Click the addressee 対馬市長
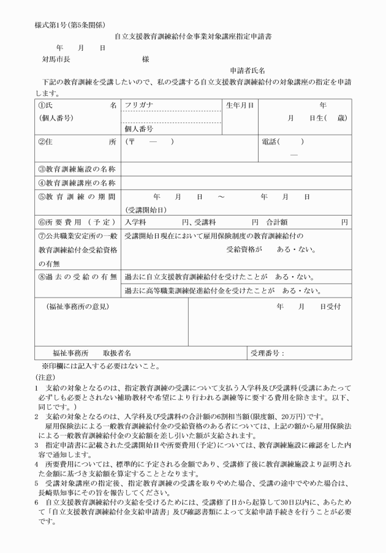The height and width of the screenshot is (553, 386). pos(56,59)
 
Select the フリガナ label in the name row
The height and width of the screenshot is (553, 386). pos(139,105)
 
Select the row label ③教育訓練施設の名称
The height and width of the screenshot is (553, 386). pos(77,168)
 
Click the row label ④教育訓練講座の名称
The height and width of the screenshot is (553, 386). pos(77,182)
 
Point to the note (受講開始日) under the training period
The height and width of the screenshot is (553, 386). pos(145,210)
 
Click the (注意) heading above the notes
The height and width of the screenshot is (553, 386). pos(45,378)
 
